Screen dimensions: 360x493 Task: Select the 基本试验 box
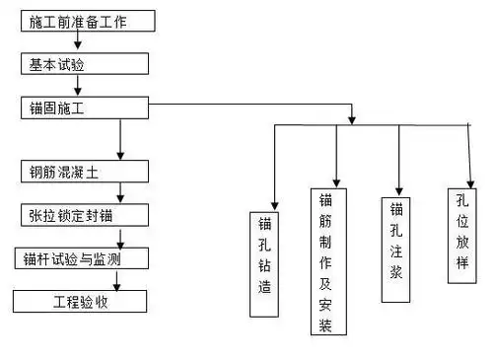[x=85, y=63]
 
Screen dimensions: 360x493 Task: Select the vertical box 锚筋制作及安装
[x=327, y=261]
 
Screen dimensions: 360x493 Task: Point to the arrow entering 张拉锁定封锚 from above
[x=118, y=195]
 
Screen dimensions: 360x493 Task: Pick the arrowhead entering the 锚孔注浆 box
[x=398, y=189]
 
